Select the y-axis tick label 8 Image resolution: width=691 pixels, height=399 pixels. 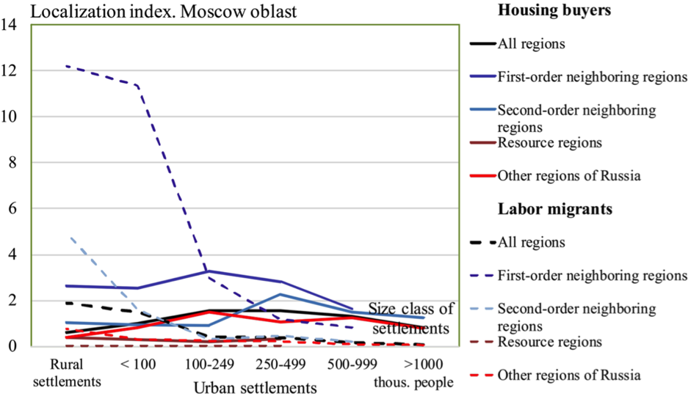pos(12,163)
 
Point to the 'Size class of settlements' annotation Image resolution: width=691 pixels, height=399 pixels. pos(411,318)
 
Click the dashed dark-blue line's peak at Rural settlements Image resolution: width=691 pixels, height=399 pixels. pos(67,66)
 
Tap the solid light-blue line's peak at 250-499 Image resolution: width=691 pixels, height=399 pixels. pos(280,294)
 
